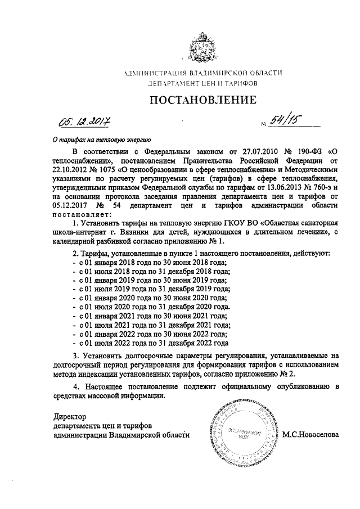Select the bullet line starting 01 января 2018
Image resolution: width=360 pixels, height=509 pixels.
point(147,262)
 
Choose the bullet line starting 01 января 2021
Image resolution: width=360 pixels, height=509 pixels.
point(147,316)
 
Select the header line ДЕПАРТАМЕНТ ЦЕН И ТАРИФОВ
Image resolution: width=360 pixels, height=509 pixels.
point(202,83)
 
